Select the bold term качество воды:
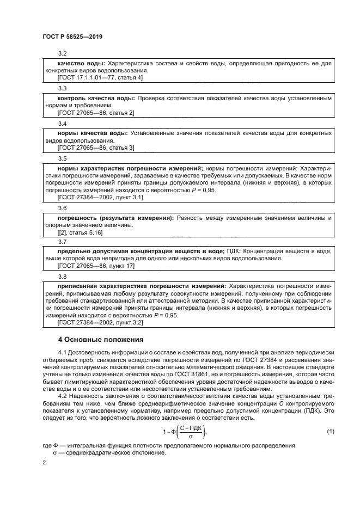pyautogui.click(x=81, y=64)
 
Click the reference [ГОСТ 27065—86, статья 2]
pyautogui.click(x=95, y=113)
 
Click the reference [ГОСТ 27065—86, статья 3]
pyautogui.click(x=95, y=148)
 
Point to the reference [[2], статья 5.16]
pyautogui.click(x=80, y=232)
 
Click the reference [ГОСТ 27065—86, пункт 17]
pyautogui.click(x=95, y=266)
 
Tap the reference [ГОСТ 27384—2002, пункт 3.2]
pyautogui.click(x=100, y=322)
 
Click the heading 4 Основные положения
pyautogui.click(x=101, y=340)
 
